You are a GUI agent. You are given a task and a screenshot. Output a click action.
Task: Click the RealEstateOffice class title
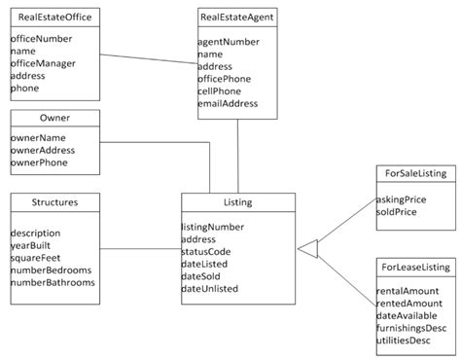(54, 17)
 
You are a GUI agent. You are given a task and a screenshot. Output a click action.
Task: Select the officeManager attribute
(43, 63)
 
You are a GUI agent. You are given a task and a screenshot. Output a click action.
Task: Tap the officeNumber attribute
(40, 38)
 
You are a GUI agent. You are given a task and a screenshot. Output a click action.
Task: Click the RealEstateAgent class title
(236, 17)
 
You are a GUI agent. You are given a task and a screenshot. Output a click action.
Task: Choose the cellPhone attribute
(219, 91)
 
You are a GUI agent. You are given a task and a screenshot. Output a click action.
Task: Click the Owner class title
(54, 118)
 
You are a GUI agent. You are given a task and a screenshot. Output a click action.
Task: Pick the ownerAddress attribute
(43, 151)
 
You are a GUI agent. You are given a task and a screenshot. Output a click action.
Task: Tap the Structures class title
(54, 202)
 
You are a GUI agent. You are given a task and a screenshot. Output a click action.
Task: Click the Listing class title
(237, 202)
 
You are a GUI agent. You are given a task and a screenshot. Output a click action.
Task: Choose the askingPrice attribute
(401, 198)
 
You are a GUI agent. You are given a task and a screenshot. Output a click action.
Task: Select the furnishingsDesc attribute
(411, 328)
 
